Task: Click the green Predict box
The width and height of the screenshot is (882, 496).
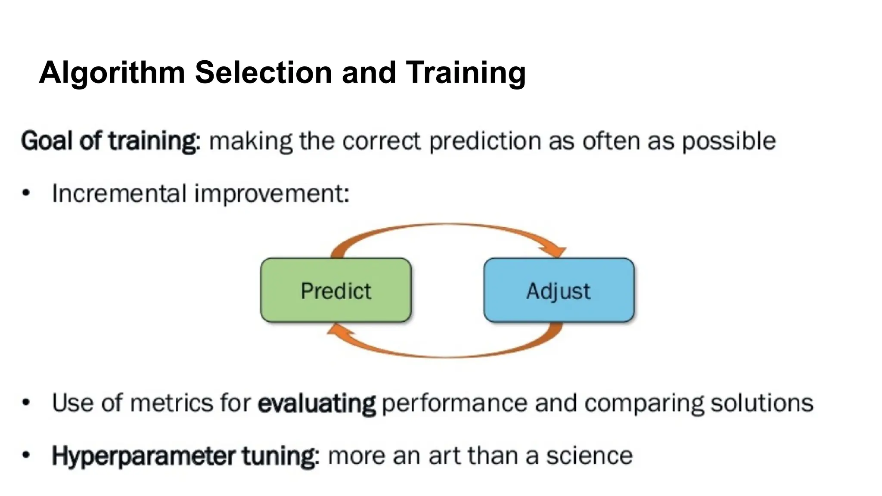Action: click(336, 290)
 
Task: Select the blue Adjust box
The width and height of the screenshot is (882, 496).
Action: click(559, 290)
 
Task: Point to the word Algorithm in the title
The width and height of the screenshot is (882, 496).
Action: click(112, 72)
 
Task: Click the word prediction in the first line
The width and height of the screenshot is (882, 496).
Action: click(485, 141)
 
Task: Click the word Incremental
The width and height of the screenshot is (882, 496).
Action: click(119, 193)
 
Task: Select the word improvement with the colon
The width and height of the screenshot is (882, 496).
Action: click(272, 193)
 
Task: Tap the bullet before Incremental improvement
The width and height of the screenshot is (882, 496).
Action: click(26, 193)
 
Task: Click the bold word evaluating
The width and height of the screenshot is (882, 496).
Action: click(317, 403)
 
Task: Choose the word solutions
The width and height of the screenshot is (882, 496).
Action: click(761, 403)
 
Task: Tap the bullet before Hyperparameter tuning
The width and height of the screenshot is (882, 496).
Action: click(26, 455)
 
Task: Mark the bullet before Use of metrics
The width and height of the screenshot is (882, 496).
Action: click(26, 403)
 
